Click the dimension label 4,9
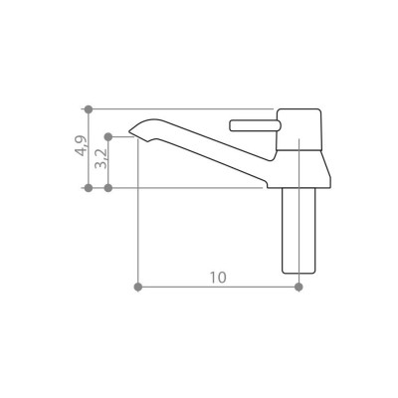pos(81,145)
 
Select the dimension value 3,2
pos(100,159)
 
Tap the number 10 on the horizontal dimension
pos(218,278)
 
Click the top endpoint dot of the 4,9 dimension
pos(89,108)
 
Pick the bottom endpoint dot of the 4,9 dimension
pos(89,188)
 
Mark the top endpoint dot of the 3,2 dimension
pos(107,136)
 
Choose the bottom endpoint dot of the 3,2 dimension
pos(107,188)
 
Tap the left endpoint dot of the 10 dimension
pos(138,287)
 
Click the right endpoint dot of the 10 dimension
pos(298,287)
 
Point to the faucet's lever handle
pos(255,125)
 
